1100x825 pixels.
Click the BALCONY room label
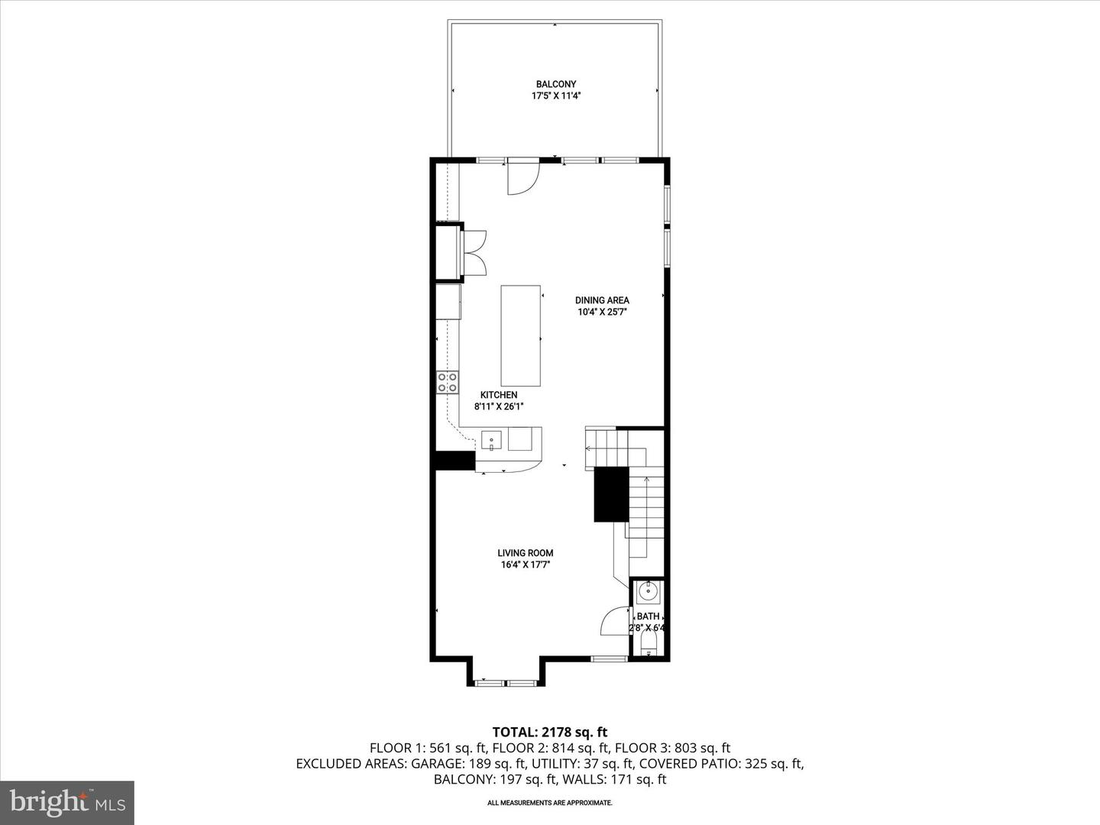[x=555, y=84]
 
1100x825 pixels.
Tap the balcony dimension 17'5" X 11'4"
[x=555, y=96]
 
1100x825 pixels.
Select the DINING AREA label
[x=602, y=300]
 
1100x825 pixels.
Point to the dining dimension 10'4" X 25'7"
[x=602, y=312]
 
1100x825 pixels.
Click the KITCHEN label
[x=498, y=395]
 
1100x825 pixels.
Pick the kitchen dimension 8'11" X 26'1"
[x=498, y=406]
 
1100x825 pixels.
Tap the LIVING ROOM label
[x=525, y=553]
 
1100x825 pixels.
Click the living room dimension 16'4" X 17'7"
[x=525, y=565]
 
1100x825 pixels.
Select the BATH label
[x=648, y=616]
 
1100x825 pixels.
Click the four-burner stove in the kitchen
[x=448, y=382]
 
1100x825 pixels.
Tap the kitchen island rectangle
[x=521, y=335]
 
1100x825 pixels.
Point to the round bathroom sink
[x=649, y=590]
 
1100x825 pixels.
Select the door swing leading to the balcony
[x=524, y=178]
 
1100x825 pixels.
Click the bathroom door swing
[x=616, y=622]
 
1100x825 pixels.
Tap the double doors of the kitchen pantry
[x=474, y=251]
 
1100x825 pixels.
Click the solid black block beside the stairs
[x=610, y=494]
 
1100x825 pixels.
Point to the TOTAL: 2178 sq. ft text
[x=549, y=733]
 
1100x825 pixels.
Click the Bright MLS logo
[x=67, y=802]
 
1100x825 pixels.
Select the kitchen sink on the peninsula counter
[x=491, y=439]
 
